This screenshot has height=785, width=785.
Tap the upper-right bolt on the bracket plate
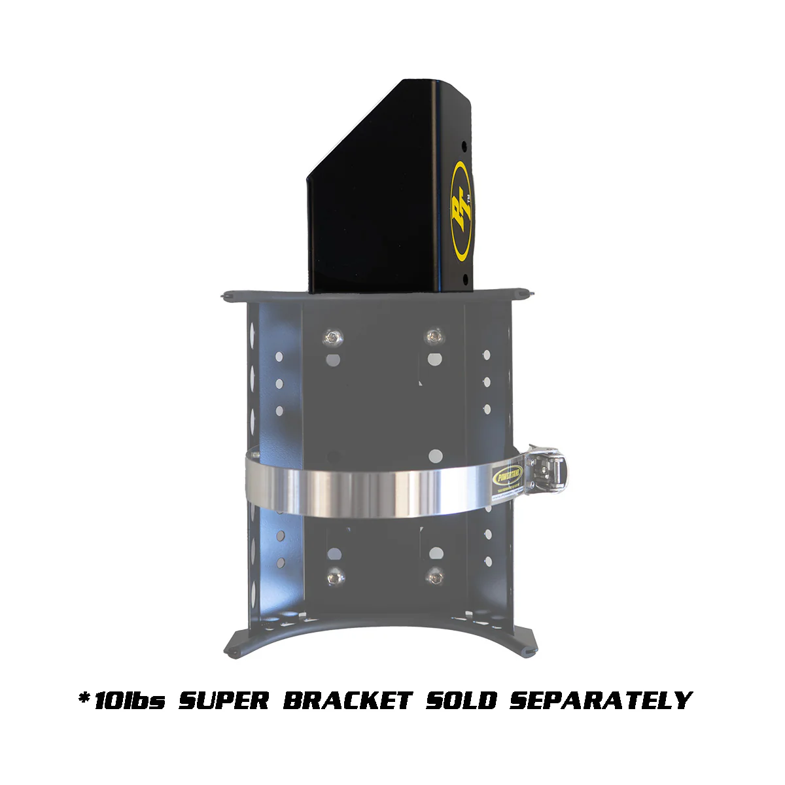(x=432, y=337)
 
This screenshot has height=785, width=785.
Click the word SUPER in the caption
(x=224, y=701)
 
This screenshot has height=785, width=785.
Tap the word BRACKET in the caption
(x=347, y=701)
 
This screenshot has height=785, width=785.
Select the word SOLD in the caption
(x=462, y=701)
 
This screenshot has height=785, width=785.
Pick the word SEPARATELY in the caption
(x=601, y=701)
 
